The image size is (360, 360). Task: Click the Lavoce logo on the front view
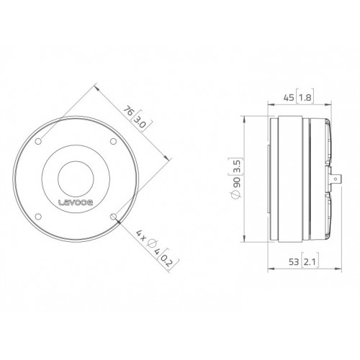76,202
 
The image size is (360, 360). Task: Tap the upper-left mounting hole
38,141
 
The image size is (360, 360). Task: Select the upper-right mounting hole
113,141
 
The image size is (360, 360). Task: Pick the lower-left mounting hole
38,217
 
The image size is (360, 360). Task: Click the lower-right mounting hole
113,217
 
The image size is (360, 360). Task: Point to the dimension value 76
129,111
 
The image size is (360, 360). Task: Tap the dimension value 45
289,98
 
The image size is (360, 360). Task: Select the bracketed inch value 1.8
305,98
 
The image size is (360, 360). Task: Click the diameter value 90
237,182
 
